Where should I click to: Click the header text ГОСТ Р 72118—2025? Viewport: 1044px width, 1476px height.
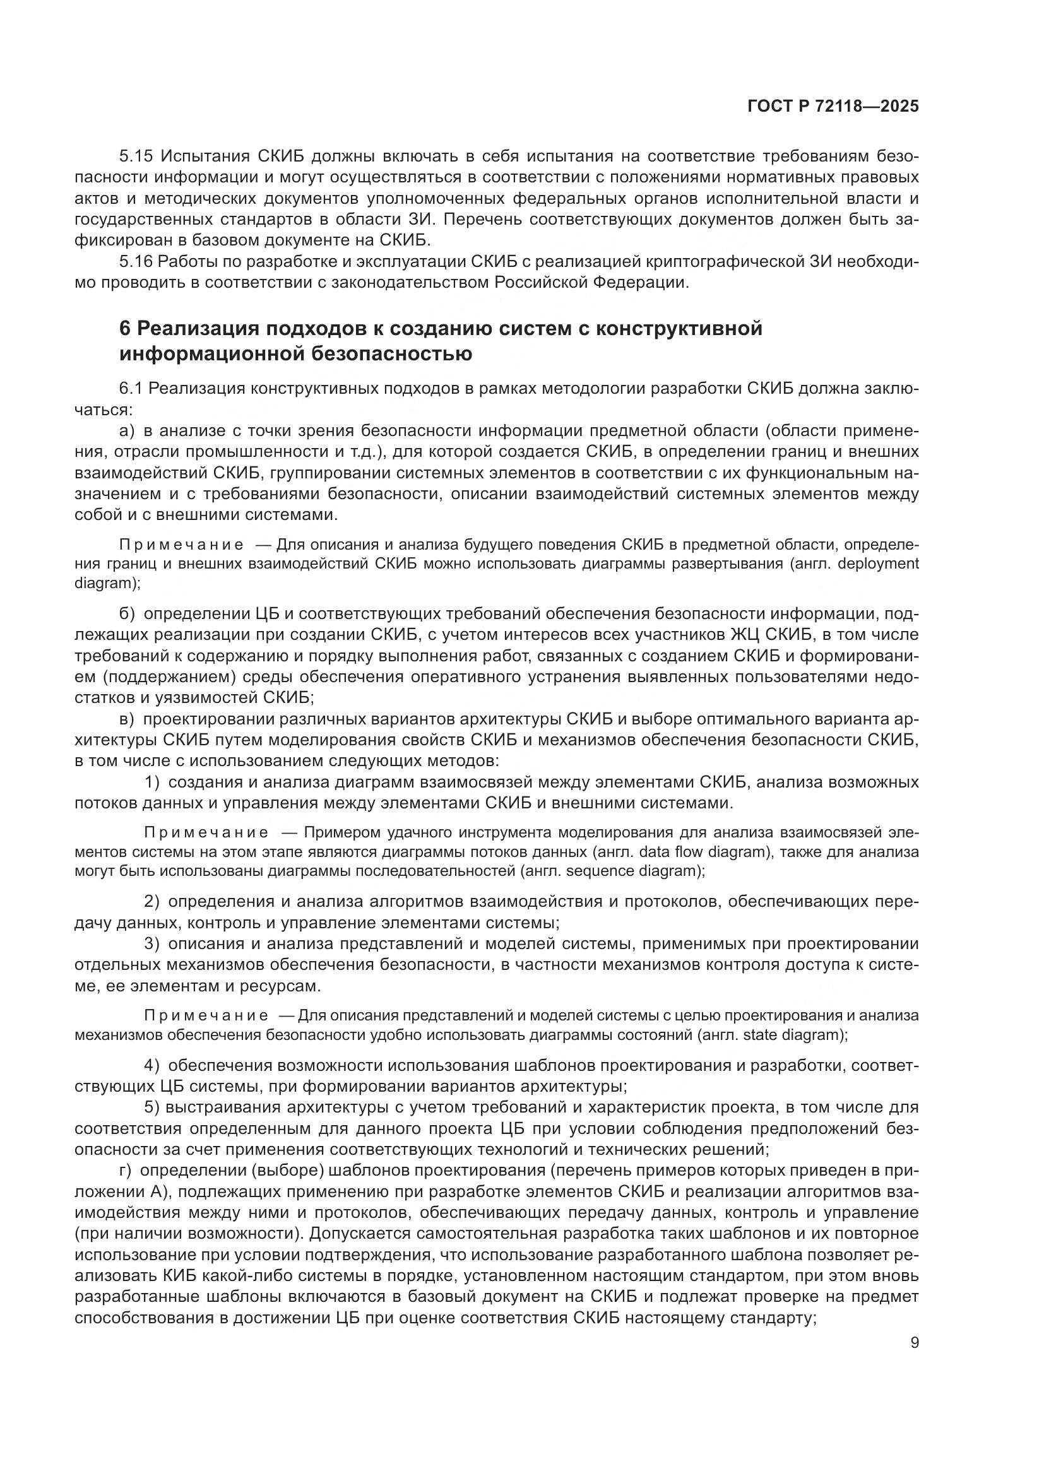(x=833, y=107)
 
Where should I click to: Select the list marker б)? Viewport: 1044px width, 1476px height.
(x=127, y=614)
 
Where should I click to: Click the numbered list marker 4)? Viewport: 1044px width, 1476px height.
(x=151, y=1065)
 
